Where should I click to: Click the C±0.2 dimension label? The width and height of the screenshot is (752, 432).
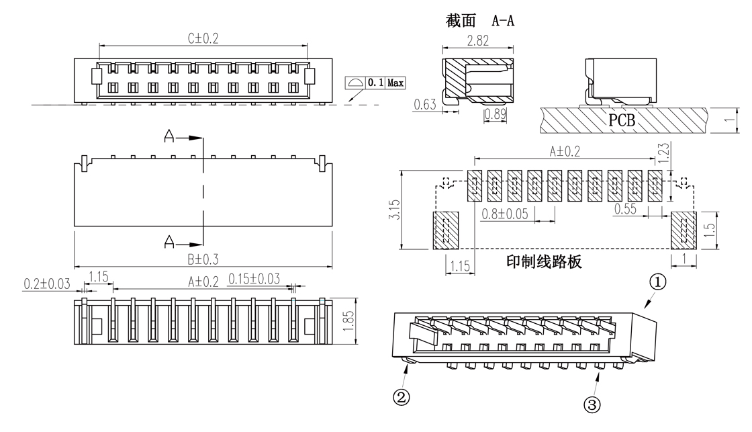(203, 39)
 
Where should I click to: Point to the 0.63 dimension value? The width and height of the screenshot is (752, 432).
(424, 104)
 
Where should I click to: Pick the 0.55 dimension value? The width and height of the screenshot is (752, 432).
(625, 209)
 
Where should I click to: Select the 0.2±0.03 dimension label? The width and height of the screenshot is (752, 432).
(48, 284)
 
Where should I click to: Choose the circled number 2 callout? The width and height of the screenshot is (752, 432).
(401, 397)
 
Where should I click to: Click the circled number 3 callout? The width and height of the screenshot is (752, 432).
(592, 405)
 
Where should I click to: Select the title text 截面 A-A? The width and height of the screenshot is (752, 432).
(479, 21)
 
